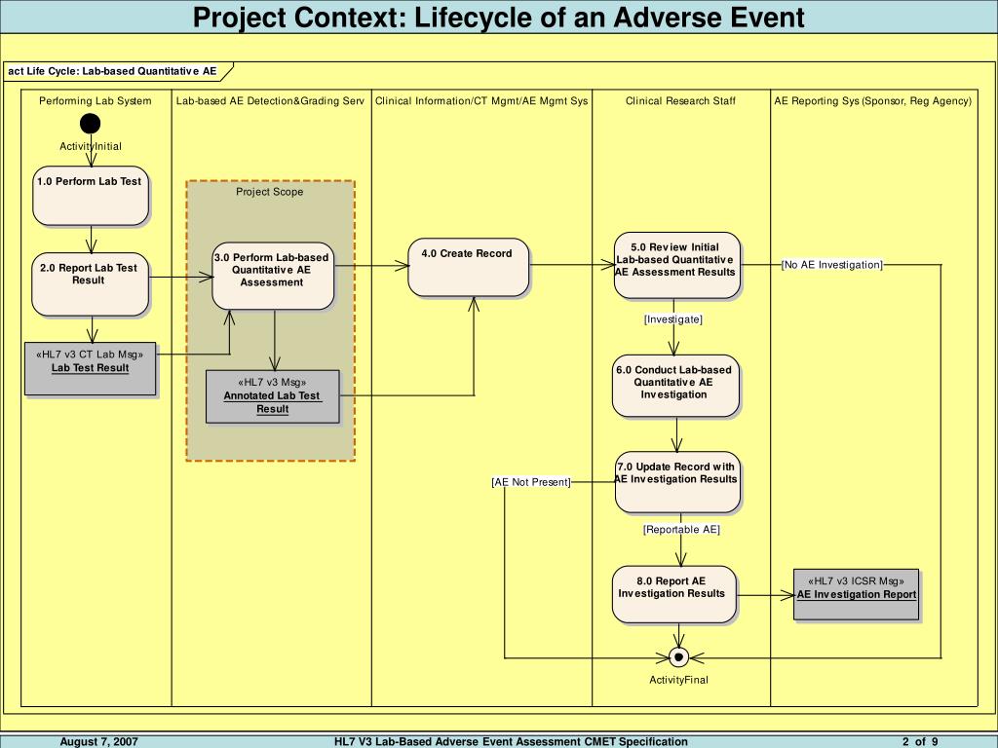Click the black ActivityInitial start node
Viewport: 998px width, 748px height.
coord(91,124)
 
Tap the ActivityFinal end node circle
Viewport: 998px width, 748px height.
coord(679,657)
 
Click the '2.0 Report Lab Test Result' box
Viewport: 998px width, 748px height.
coord(91,284)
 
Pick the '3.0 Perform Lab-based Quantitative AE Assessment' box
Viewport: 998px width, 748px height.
coord(274,276)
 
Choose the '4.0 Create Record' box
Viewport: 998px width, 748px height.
coord(469,266)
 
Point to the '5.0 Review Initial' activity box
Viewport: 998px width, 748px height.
coord(676,264)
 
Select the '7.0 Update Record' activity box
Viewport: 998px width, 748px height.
coord(677,481)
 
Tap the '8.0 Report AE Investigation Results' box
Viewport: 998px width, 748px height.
coord(674,594)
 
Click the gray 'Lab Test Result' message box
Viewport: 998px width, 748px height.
coord(91,369)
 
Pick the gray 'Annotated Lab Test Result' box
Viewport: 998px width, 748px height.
coord(273,396)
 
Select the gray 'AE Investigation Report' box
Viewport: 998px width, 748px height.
coord(857,593)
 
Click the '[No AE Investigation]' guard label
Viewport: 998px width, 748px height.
coord(832,265)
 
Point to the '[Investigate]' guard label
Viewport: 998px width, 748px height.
coord(673,319)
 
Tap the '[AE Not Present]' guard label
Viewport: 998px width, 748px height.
coord(531,482)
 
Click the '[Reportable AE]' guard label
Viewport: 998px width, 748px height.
coord(681,530)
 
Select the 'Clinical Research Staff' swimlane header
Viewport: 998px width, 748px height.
coord(680,101)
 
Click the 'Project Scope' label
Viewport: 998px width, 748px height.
coord(270,192)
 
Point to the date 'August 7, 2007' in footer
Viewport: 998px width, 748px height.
coord(98,741)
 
